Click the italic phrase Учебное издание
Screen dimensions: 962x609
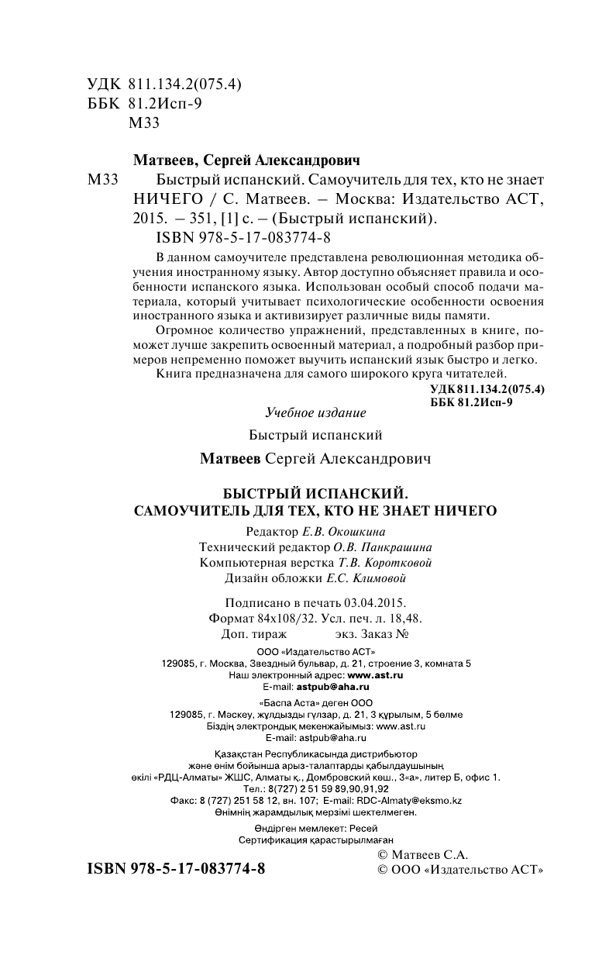coord(315,412)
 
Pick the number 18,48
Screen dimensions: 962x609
coord(403,618)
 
